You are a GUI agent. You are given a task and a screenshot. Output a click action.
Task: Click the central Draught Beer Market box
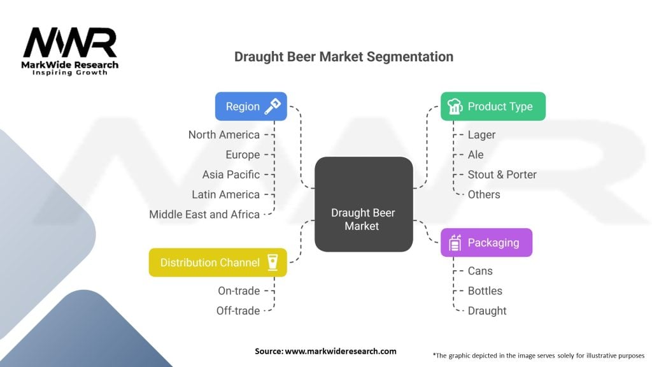point(364,204)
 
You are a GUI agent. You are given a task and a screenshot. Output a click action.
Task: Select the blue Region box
point(251,106)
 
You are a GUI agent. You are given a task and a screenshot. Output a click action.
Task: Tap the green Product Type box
point(493,106)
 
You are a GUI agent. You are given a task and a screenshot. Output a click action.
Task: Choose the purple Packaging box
point(486,243)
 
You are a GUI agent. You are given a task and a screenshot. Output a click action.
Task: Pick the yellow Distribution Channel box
point(218,263)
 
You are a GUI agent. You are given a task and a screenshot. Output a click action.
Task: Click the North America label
point(223,134)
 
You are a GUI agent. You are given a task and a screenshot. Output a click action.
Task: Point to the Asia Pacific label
point(230,175)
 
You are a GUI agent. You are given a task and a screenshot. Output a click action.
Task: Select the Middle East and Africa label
point(204,214)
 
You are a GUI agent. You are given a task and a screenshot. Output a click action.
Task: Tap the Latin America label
point(225,194)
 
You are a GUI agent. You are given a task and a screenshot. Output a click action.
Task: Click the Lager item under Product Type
point(481,134)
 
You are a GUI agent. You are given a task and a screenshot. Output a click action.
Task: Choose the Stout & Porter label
point(502,175)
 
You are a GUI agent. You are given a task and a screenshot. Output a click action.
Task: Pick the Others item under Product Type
point(484,194)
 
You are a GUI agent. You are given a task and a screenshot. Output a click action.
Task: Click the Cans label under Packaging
point(480,271)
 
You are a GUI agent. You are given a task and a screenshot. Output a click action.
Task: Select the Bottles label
point(485,291)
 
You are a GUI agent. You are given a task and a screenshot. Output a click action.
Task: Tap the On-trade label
point(238,291)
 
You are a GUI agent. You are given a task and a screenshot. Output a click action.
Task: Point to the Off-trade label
point(238,310)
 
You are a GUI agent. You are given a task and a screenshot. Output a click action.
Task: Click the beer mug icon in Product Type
point(455,107)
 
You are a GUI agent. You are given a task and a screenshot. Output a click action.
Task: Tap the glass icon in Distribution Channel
point(273,262)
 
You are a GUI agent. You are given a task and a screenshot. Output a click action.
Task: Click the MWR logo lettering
point(70,43)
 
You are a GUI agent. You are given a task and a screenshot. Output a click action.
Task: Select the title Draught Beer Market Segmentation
point(344,56)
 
